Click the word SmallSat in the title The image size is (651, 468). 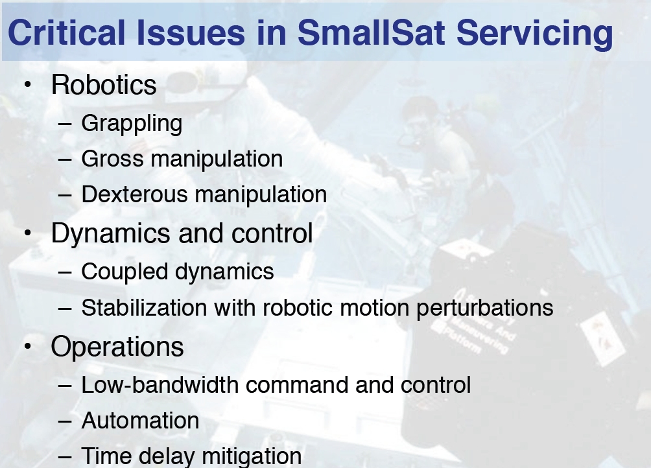[371, 33]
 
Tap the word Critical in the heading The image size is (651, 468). [66, 33]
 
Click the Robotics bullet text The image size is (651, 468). [103, 85]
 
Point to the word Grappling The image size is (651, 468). [132, 124]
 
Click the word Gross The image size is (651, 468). [113, 159]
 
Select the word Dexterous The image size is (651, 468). [134, 194]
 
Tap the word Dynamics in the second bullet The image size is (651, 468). [110, 234]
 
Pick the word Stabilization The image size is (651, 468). [144, 308]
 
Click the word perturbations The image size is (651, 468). [484, 309]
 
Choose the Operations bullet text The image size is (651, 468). [117, 347]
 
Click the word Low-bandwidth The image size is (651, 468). [160, 385]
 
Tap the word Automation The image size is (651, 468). [140, 421]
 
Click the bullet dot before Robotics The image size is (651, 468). [28, 85]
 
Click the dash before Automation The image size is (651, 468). [65, 421]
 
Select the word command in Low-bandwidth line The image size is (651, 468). [297, 385]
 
